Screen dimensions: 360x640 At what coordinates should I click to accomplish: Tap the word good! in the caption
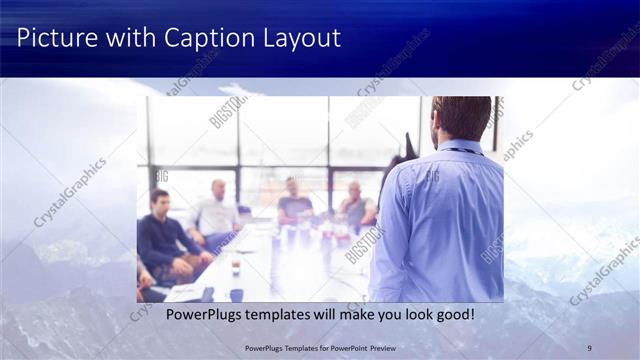pyautogui.click(x=451, y=315)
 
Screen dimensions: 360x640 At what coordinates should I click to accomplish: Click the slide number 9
pyautogui.click(x=589, y=347)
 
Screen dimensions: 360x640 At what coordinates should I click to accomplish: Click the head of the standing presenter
pyautogui.click(x=462, y=118)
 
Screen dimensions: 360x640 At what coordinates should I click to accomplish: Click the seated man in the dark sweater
pyautogui.click(x=164, y=235)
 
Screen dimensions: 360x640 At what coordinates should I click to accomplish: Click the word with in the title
pyautogui.click(x=124, y=39)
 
